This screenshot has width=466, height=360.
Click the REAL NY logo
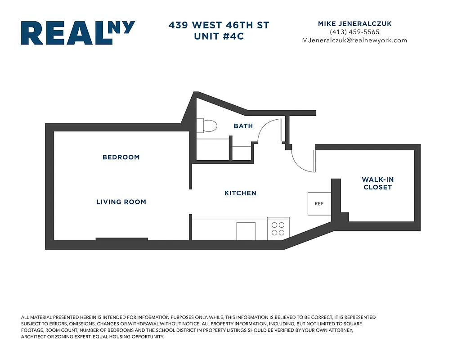coord(77,33)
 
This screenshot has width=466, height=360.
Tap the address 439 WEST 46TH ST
coord(219,25)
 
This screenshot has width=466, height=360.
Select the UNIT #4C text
coord(219,36)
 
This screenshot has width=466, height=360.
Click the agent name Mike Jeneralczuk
coord(354,24)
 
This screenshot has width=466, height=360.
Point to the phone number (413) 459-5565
coord(354,32)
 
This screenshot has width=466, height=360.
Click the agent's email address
coord(354,40)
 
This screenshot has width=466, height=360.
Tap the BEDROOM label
coord(121,157)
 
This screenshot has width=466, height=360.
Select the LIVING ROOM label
coord(121,202)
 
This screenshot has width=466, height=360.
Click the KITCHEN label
coord(240,193)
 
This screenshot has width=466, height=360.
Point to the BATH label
coord(243,126)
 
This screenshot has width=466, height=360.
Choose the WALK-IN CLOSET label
coord(377,183)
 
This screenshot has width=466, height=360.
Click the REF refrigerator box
coord(319,203)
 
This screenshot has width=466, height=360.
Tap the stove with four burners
coord(278,229)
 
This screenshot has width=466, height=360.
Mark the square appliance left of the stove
coord(246,231)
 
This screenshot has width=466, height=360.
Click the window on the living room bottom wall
coord(121,239)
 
